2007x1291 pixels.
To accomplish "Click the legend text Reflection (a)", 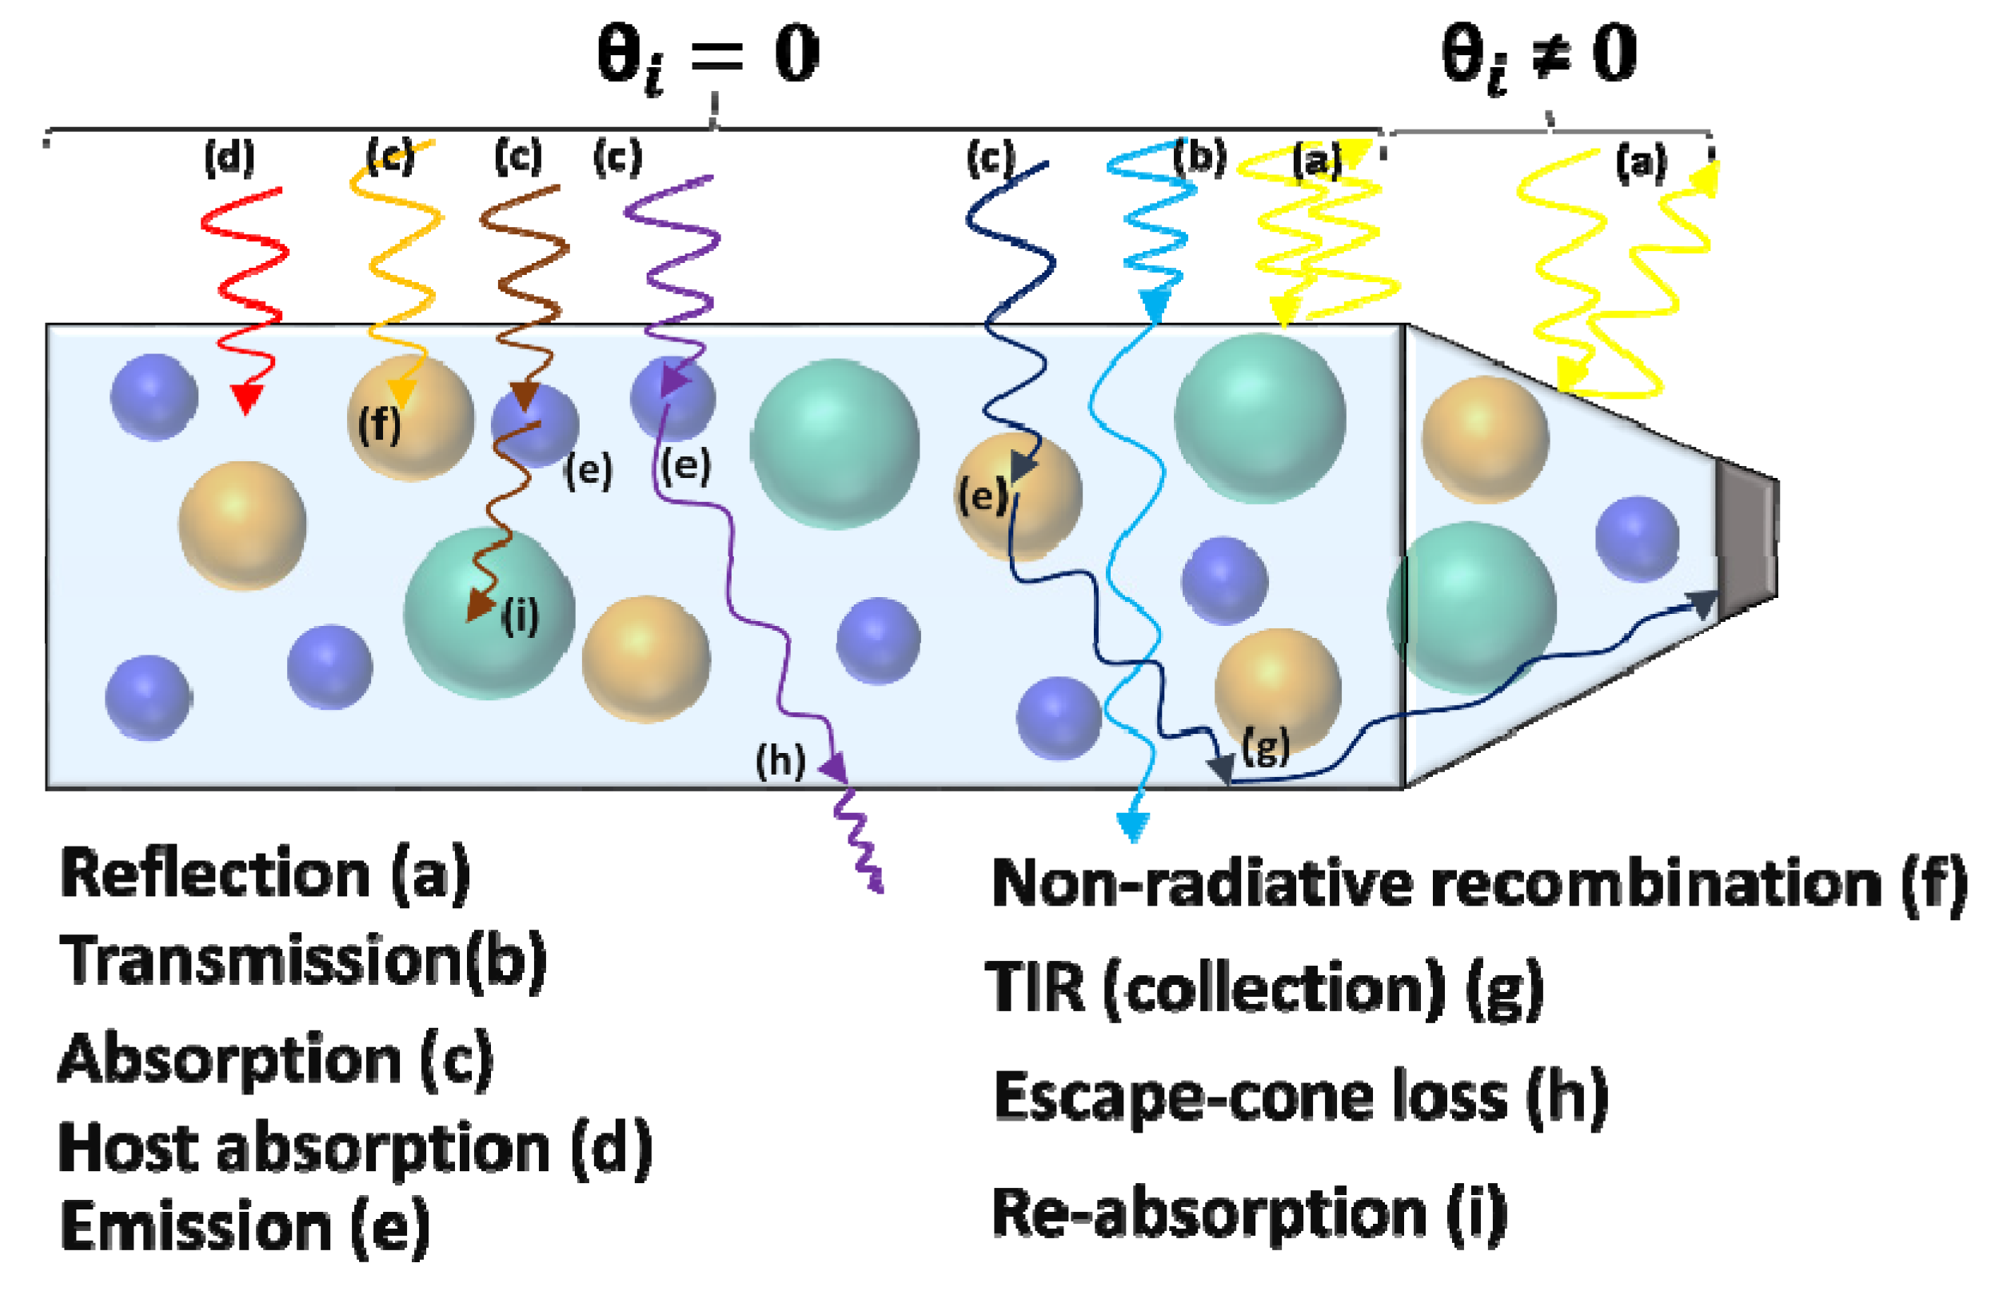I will (x=265, y=875).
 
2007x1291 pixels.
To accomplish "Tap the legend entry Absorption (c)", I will (x=275, y=1060).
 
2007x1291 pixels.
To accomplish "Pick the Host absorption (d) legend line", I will (x=354, y=1148).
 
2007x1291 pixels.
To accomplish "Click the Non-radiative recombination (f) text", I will (x=1478, y=885).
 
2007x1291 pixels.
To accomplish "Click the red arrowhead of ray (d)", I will (x=245, y=397).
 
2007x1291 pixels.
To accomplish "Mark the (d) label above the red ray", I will (x=229, y=157).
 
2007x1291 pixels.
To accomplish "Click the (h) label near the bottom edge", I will (x=780, y=760).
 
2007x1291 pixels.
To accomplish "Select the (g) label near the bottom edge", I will (x=1265, y=745).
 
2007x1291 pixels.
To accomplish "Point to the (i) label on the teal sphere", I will (x=520, y=617).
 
